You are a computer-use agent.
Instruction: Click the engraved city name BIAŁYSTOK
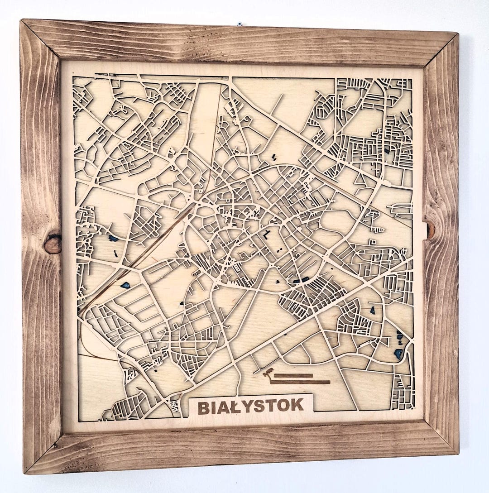250,406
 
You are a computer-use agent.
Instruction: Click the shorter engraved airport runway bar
293,375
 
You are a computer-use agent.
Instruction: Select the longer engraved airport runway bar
300,382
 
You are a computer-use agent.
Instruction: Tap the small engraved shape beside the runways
268,373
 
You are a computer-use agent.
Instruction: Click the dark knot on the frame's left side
53,244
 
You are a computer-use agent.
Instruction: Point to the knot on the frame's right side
430,230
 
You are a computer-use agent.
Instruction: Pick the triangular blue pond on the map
372,311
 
